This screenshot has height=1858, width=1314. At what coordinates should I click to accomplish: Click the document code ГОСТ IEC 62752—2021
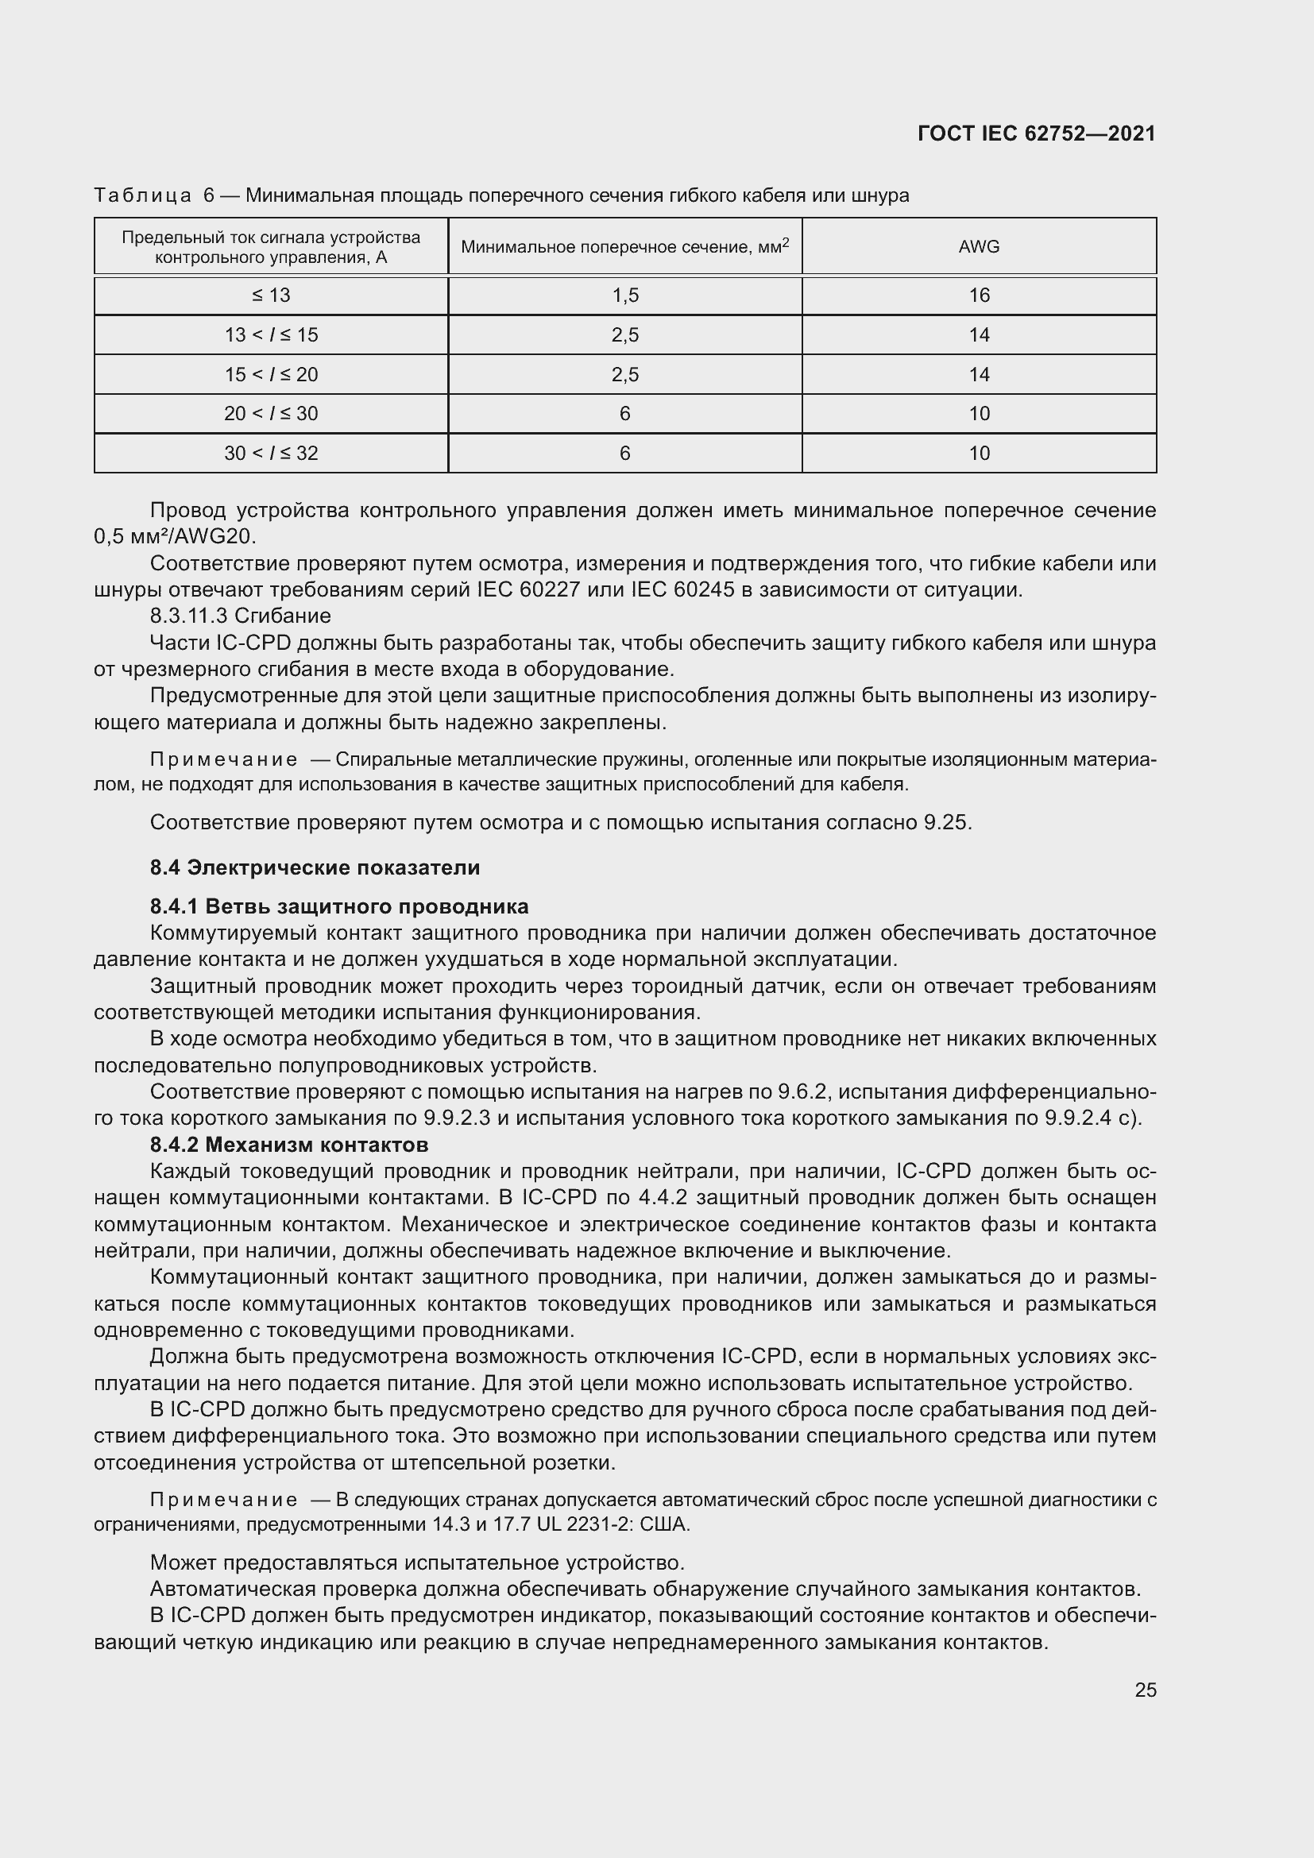[x=1037, y=133]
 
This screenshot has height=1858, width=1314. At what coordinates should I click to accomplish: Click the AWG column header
[x=978, y=247]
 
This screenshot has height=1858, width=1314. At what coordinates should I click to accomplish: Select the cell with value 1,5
[x=624, y=296]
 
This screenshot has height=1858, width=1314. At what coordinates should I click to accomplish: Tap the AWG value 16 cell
[x=978, y=296]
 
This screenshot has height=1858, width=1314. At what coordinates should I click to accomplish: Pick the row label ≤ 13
[x=270, y=296]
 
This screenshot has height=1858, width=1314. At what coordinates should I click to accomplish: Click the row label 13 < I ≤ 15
[x=270, y=335]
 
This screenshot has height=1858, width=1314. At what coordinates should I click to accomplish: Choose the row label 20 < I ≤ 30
[x=270, y=414]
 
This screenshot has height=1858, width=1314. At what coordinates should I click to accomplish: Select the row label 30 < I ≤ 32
[x=270, y=453]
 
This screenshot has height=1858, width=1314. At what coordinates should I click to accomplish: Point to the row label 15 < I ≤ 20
[x=270, y=375]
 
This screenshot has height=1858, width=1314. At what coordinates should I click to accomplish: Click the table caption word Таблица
[x=142, y=196]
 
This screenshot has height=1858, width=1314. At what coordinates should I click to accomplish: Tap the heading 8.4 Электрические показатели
[x=315, y=867]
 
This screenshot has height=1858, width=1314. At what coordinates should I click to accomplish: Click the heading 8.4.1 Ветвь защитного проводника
[x=339, y=906]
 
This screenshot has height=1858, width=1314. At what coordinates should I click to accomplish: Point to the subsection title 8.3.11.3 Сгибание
[x=240, y=616]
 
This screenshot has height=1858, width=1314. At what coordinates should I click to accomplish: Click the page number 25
[x=1145, y=1690]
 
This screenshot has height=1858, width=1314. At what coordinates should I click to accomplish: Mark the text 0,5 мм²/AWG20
[x=175, y=536]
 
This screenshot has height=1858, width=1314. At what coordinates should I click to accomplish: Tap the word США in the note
[x=665, y=1524]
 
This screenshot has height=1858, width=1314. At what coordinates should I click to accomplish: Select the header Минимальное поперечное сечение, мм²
[x=624, y=247]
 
